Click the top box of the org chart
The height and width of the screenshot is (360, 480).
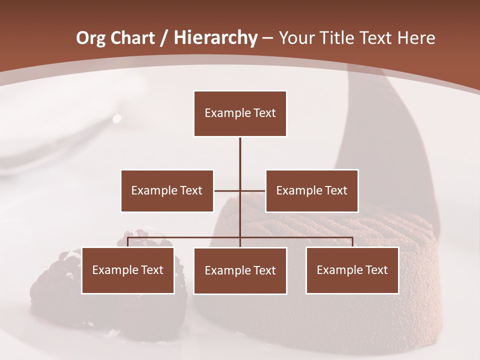[240, 113]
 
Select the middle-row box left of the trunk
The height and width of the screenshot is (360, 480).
[167, 190]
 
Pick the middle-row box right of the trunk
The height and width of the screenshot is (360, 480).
[311, 190]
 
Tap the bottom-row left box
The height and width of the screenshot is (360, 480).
[128, 270]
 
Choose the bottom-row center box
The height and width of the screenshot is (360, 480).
[240, 270]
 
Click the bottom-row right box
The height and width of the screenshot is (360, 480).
[352, 270]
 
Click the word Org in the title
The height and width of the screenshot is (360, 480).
[90, 38]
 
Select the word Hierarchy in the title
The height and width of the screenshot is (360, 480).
[215, 38]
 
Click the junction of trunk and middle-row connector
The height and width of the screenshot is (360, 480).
[240, 190]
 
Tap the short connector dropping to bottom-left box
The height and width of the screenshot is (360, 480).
[128, 242]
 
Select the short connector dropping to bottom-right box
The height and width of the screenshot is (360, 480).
[352, 242]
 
